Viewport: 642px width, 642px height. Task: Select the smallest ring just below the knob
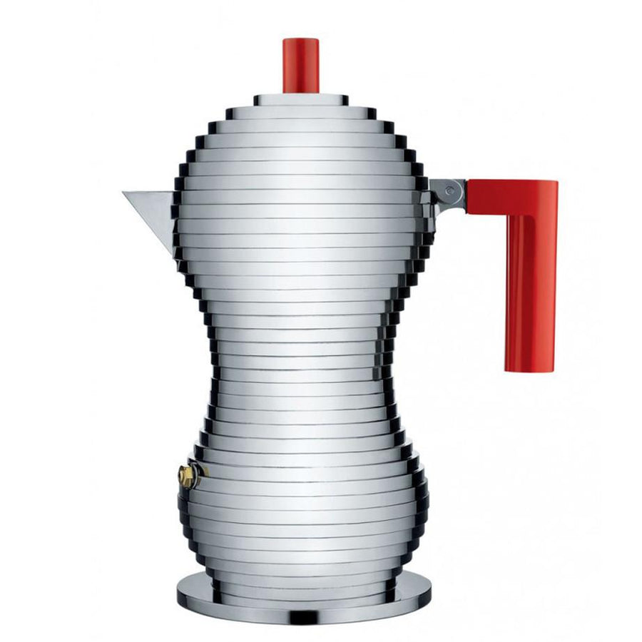coord(301,99)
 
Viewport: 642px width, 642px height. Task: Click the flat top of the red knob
coord(301,40)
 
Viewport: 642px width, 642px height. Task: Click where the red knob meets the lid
coord(301,93)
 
